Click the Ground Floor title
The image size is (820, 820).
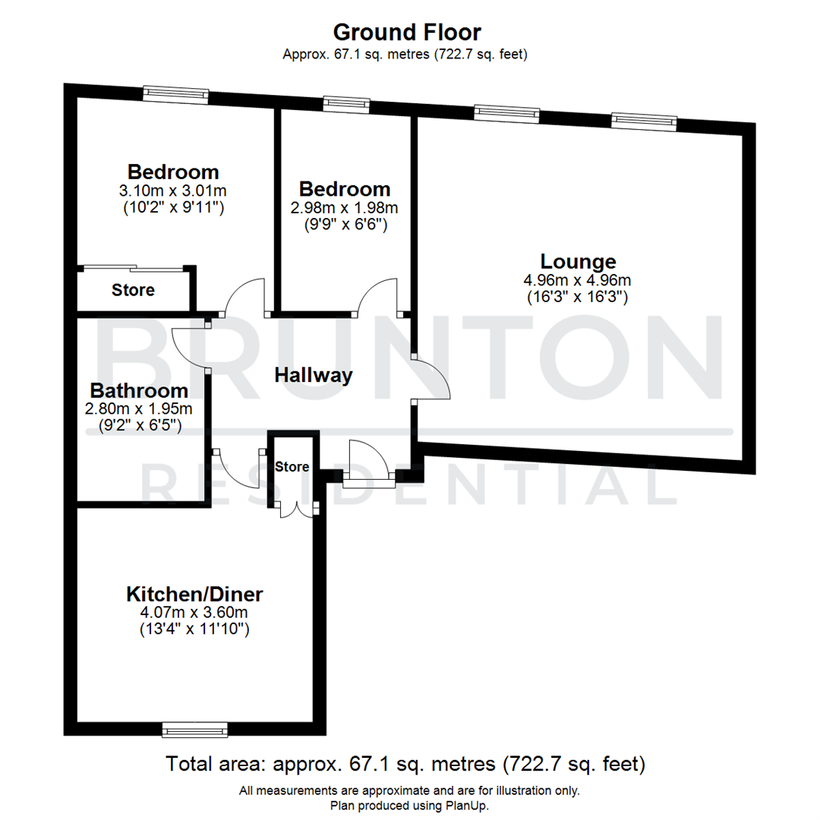coord(407,33)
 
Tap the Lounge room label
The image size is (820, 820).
coord(577,262)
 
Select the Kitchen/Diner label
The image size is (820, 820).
coord(194,593)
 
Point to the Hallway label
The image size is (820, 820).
coord(314,375)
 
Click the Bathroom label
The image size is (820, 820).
coord(139,391)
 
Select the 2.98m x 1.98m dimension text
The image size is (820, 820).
coord(345,207)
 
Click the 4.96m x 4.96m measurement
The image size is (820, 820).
coord(577,280)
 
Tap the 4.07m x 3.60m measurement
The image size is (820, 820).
coord(194,611)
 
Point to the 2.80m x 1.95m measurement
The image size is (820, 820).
coord(139,408)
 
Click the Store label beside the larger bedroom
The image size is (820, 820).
coord(134,290)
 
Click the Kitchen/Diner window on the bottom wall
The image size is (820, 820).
coord(195,730)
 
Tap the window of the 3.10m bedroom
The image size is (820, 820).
coord(176,93)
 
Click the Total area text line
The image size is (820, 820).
coord(405,763)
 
